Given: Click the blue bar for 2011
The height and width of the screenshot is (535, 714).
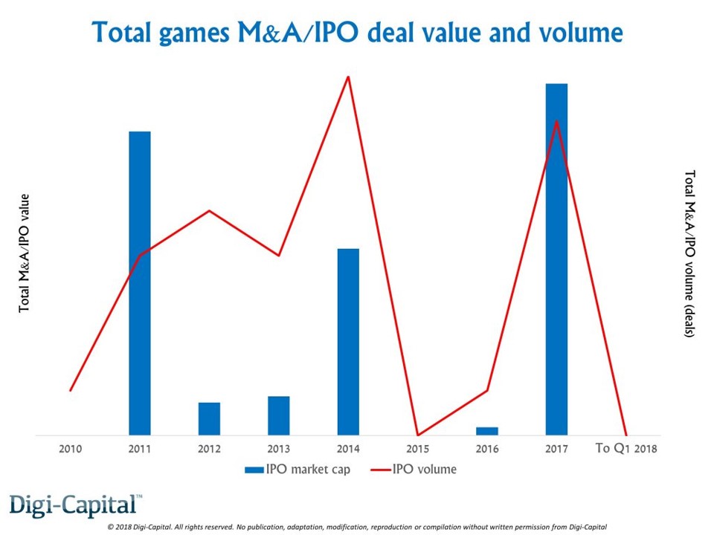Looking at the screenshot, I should pyautogui.click(x=140, y=282).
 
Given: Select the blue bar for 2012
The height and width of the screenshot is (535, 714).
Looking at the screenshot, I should pyautogui.click(x=209, y=418).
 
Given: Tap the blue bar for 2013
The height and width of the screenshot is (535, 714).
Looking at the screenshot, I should pyautogui.click(x=279, y=415).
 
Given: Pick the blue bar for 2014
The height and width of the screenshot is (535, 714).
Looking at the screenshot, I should pyautogui.click(x=348, y=342).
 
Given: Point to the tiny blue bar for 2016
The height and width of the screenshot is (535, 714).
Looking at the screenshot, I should pyautogui.click(x=487, y=431).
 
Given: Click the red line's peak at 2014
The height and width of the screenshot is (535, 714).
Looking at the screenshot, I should pyautogui.click(x=348, y=77).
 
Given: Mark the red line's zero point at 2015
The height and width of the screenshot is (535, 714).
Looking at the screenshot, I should pyautogui.click(x=417, y=435).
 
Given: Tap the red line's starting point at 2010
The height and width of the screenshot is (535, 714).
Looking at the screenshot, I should pyautogui.click(x=71, y=390).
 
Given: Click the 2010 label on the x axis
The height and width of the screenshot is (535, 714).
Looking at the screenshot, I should pyautogui.click(x=71, y=449).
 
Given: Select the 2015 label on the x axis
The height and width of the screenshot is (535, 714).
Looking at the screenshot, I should pyautogui.click(x=417, y=449).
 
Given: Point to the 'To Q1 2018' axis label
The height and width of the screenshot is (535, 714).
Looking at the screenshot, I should pyautogui.click(x=627, y=449).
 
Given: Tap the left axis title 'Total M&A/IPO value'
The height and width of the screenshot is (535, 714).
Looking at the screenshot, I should pyautogui.click(x=25, y=253).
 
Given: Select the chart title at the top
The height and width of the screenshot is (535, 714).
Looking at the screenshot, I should pyautogui.click(x=356, y=33).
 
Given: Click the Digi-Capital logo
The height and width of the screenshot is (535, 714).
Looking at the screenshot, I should pyautogui.click(x=75, y=505).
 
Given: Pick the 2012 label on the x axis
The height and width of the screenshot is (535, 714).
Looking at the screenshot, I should pyautogui.click(x=209, y=449).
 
